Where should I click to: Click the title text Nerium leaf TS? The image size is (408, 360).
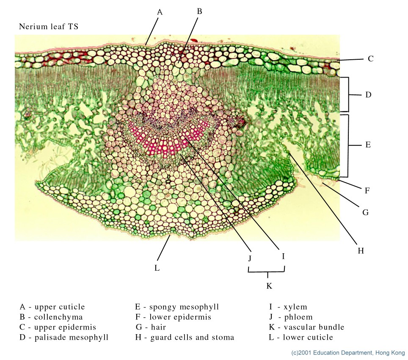pyautogui.click(x=49, y=27)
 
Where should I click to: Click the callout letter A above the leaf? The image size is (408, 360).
pyautogui.click(x=160, y=12)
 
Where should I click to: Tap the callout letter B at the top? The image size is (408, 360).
pyautogui.click(x=200, y=11)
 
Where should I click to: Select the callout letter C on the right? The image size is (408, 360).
pyautogui.click(x=370, y=59)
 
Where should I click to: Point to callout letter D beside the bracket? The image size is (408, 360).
pyautogui.click(x=368, y=95)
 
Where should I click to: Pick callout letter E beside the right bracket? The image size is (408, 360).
pyautogui.click(x=368, y=145)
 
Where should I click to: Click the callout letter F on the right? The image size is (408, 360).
pyautogui.click(x=367, y=191)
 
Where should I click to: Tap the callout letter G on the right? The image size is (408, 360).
pyautogui.click(x=365, y=212)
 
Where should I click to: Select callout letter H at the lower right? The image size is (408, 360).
pyautogui.click(x=361, y=251)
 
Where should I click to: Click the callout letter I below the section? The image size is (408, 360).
pyautogui.click(x=283, y=256)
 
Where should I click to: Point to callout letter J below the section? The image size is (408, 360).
pyautogui.click(x=250, y=258)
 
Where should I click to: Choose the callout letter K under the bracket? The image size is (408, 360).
pyautogui.click(x=269, y=286)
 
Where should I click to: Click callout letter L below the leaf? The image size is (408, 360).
pyautogui.click(x=157, y=268)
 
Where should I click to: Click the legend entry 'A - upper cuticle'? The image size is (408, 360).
pyautogui.click(x=52, y=307)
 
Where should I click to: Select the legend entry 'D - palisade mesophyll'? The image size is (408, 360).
pyautogui.click(x=64, y=337)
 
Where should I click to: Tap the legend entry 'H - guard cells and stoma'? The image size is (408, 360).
pyautogui.click(x=185, y=337)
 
